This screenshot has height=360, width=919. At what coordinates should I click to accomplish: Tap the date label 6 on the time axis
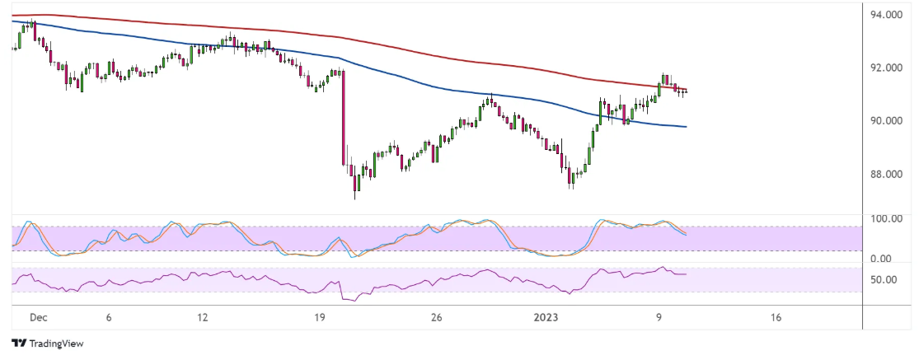(x=109, y=317)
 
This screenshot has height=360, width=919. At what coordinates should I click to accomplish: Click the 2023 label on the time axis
(x=546, y=317)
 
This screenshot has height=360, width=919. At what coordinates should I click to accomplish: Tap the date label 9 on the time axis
(x=659, y=317)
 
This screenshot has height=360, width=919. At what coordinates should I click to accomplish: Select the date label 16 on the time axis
(x=775, y=317)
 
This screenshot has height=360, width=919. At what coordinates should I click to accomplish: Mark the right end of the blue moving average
(x=686, y=126)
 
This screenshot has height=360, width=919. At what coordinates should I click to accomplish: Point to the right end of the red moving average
(x=686, y=90)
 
